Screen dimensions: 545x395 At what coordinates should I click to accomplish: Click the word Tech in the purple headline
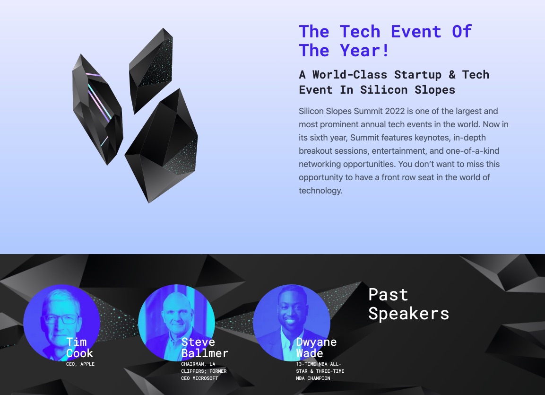[x=360, y=32]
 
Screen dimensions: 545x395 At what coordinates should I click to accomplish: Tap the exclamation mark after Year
[x=385, y=51]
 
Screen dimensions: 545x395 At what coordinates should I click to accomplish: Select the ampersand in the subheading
[x=452, y=75]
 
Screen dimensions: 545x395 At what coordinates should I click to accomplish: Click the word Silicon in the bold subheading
[x=384, y=90]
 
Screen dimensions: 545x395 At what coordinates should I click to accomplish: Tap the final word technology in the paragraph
[x=320, y=191]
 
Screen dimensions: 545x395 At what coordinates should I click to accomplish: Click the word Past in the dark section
[x=388, y=295]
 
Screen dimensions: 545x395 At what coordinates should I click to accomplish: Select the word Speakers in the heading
[x=409, y=314]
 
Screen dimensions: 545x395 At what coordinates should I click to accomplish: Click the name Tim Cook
[x=79, y=347]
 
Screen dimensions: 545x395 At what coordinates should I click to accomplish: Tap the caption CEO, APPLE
[x=80, y=364]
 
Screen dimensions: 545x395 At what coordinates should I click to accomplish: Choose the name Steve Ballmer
[x=205, y=347]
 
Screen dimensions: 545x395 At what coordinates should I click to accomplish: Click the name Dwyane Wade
[x=316, y=347]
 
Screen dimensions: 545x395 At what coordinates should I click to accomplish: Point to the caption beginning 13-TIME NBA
[x=320, y=371]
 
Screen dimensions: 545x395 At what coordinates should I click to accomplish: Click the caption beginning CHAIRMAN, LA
[x=204, y=371]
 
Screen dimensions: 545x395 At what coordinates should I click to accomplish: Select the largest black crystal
[x=161, y=146]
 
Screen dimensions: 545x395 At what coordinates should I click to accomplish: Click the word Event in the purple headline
[x=416, y=32]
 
